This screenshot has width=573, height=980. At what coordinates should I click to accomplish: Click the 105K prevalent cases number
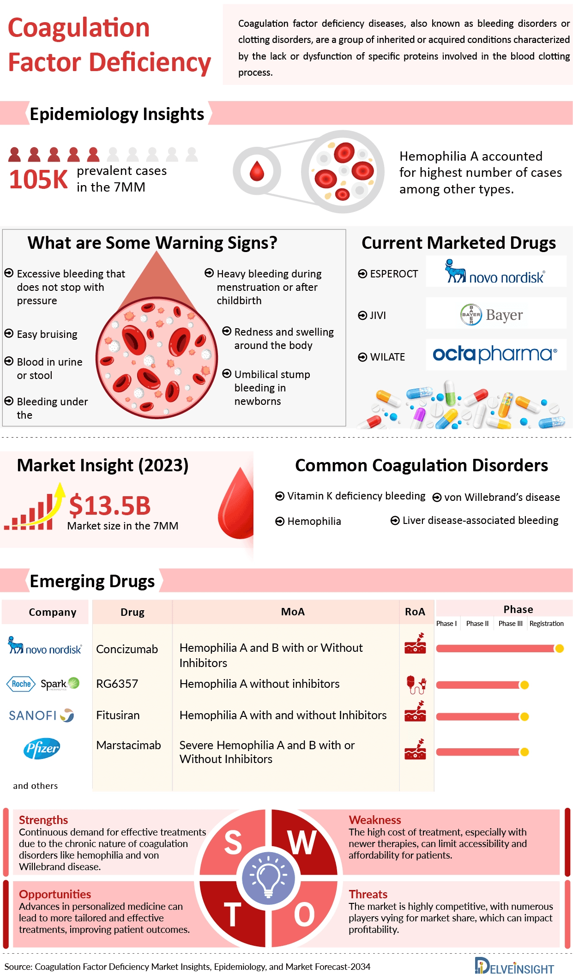coord(38,180)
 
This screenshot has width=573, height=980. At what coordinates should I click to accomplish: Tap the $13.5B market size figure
coord(110,505)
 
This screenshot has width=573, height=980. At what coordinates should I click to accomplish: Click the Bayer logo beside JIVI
coord(492,315)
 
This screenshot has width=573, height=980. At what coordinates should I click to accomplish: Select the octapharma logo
coord(495,355)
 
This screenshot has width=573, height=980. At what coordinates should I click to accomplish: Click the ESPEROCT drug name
coord(393,274)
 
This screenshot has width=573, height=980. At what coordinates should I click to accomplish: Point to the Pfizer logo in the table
coord(42,748)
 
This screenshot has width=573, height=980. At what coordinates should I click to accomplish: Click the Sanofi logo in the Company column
coord(41,715)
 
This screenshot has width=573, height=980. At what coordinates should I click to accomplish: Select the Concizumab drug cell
coord(127,649)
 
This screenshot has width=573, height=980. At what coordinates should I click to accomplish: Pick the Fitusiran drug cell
coord(118,715)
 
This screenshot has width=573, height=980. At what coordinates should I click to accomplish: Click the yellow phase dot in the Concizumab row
coord(560,649)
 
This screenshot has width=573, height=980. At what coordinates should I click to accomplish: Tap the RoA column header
coord(415,612)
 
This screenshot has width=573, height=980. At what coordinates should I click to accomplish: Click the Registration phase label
coord(546,624)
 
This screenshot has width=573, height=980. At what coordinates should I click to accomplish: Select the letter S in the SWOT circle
coord(233,842)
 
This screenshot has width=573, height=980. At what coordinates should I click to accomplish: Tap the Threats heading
coord(368,894)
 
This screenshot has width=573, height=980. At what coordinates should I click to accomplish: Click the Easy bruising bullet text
coord(47,334)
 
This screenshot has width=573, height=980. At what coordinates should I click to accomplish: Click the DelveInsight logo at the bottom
coord(514,967)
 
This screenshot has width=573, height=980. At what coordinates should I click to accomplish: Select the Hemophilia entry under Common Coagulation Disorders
coord(314,521)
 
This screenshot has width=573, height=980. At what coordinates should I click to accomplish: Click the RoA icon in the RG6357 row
coord(416,685)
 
